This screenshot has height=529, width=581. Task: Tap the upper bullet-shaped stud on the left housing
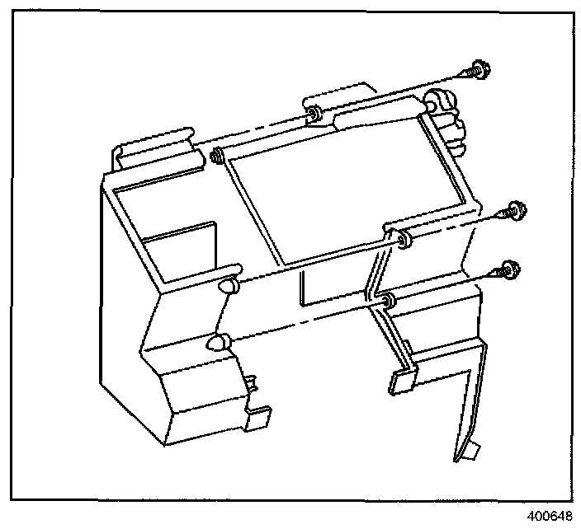tap(229, 287)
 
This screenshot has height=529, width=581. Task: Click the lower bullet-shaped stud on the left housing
tap(218, 342)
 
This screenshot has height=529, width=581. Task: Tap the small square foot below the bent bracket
tap(402, 379)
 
